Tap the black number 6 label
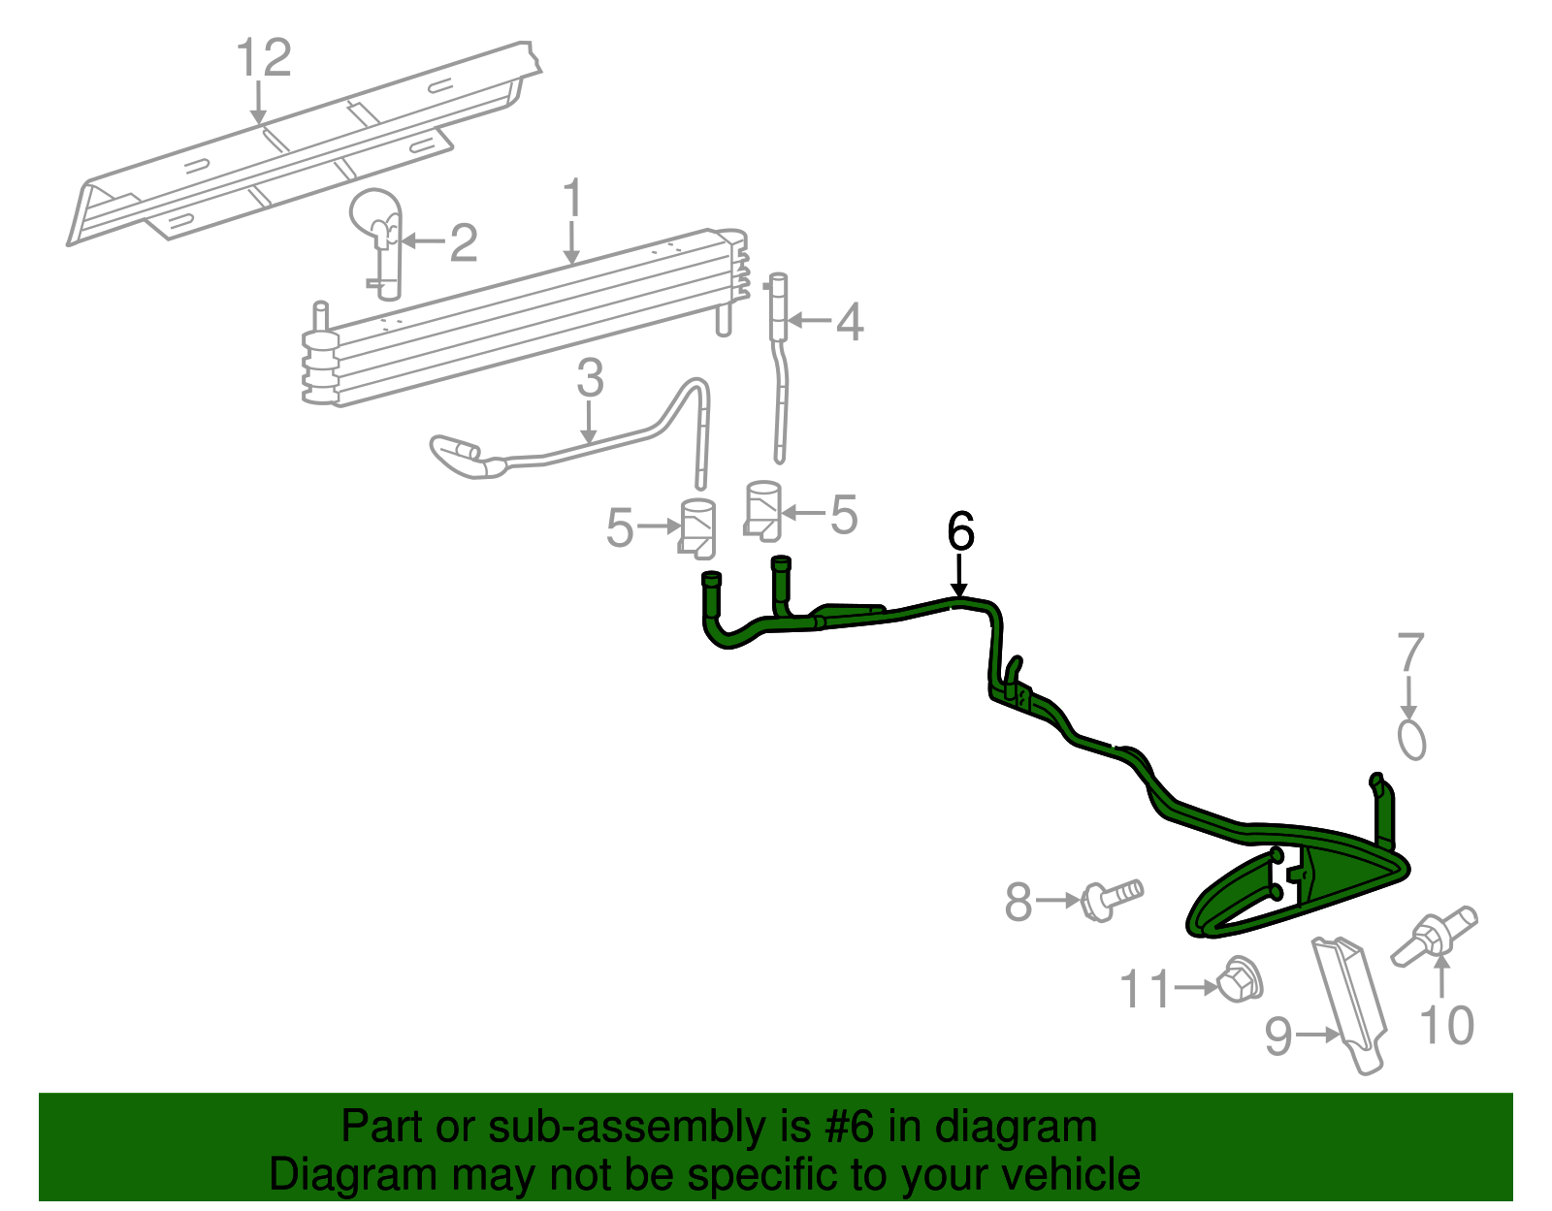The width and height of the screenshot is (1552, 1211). [x=959, y=531]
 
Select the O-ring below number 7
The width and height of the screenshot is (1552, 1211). [x=1412, y=738]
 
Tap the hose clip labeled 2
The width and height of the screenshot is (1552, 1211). [x=379, y=238]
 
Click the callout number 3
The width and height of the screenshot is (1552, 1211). [x=590, y=378]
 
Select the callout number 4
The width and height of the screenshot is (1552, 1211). [x=850, y=322]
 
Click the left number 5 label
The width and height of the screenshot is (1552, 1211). [x=620, y=527]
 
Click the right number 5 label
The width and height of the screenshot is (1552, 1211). [x=844, y=514]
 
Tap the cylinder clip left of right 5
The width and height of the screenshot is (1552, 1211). [x=762, y=510]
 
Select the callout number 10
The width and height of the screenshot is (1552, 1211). [x=1446, y=1026]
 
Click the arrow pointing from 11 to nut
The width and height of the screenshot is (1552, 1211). [x=1196, y=987]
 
